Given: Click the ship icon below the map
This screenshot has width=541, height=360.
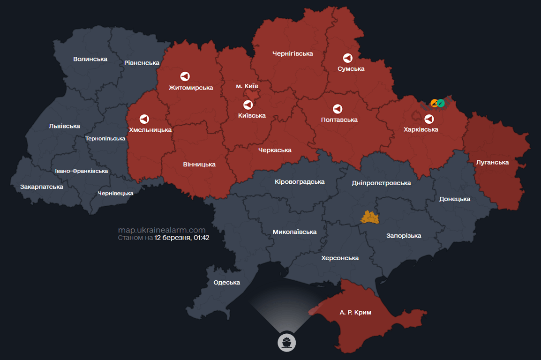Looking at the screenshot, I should pos(287,342).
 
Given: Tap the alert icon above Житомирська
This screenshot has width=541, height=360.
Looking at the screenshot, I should pos(185,76).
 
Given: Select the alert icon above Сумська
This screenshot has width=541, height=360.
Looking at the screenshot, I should pos(347,58).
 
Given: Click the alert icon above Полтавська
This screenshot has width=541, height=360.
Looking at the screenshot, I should pos(337,109).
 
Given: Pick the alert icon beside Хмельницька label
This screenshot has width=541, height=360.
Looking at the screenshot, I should pos(144,119).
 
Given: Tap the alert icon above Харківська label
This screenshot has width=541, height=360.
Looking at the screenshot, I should pos(428,119).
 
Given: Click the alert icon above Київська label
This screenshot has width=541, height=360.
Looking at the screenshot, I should pos(248,105).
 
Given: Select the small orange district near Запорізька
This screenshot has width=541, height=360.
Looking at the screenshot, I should pos(369,217).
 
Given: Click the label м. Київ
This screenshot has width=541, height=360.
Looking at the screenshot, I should pos(247,86).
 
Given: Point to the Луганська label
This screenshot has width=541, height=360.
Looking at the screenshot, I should pos(492,162).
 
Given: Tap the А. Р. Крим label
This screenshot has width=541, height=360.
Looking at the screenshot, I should pos(355,312).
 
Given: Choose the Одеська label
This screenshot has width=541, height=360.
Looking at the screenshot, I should pos(226,282).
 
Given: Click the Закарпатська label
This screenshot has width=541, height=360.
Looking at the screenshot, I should pos(41,187).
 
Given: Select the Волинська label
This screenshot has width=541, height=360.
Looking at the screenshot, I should pos(90,59).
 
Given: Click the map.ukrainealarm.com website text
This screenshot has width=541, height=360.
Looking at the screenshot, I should pos(161,230).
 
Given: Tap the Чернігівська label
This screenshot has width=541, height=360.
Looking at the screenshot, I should pos(292,53).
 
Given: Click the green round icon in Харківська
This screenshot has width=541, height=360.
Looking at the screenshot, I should pos(441,103).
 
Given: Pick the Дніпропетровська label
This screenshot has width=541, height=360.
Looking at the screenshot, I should pos(381,183).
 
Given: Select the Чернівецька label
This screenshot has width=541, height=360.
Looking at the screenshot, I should pos(115,193).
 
